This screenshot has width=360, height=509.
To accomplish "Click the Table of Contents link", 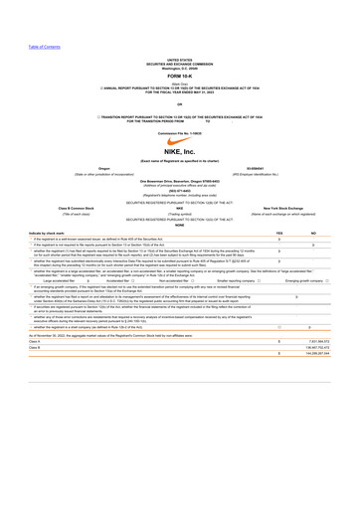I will pyautogui.click(x=45, y=47).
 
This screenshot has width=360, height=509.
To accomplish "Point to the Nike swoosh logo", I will pyautogui.click(x=180, y=139).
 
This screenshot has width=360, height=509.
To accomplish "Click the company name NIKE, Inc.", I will pyautogui.click(x=180, y=152).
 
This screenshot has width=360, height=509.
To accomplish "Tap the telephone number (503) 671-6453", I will pyautogui.click(x=180, y=189).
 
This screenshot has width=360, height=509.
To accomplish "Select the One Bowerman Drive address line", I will pyautogui.click(x=180, y=179).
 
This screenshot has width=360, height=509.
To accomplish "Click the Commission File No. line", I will pyautogui.click(x=180, y=129).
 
